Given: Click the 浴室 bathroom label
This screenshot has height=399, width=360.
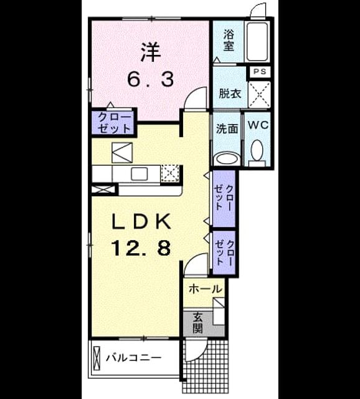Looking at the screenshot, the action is click(229, 40).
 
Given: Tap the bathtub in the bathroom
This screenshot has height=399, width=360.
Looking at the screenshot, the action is click(257, 42).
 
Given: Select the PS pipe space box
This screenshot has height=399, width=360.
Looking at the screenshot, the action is click(260, 72).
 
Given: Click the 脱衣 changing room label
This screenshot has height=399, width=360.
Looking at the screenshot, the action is click(230, 94).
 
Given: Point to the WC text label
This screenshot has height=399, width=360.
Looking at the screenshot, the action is click(258, 125).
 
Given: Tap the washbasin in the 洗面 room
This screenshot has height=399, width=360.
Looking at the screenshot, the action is click(227, 160).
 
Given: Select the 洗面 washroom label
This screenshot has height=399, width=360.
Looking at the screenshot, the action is click(227, 129).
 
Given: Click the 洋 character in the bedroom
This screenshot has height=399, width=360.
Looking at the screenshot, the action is click(151, 52).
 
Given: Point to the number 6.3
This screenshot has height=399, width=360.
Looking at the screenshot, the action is click(151, 79).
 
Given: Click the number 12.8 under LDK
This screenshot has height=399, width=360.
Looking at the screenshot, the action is click(141, 248).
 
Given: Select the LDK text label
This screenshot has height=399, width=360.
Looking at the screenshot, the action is click(141, 221).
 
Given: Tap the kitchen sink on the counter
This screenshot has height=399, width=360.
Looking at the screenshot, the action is click(139, 175).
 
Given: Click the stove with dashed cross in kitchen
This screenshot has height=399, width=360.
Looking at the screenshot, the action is click(170, 174).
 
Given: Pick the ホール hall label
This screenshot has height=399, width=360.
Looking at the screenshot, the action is click(206, 289).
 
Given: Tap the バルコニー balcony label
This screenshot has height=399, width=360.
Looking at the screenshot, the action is click(133, 358).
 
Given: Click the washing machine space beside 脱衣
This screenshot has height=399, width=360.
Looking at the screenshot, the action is click(259, 95).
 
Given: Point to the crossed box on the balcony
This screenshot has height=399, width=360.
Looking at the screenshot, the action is click(97, 358).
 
